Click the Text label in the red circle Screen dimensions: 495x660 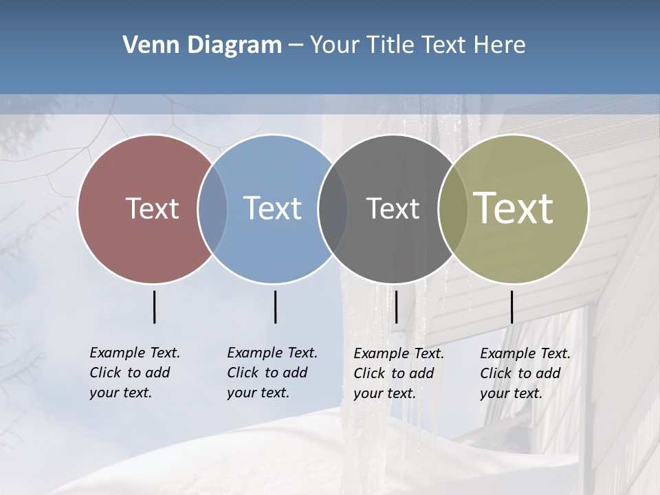click(152, 208)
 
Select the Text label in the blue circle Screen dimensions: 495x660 click(272, 208)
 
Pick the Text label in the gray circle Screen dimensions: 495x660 click(393, 208)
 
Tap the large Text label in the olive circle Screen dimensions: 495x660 click(514, 208)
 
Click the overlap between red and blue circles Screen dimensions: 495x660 click(212, 208)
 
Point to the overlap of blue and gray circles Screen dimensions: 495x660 click(333, 208)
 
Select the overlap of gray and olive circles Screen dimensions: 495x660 click(452, 208)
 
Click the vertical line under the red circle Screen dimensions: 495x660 click(155, 307)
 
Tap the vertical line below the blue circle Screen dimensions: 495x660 click(275, 307)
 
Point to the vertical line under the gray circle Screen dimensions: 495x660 click(396, 307)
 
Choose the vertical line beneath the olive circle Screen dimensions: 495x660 click(511, 307)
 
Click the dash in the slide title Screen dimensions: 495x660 click(296, 45)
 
